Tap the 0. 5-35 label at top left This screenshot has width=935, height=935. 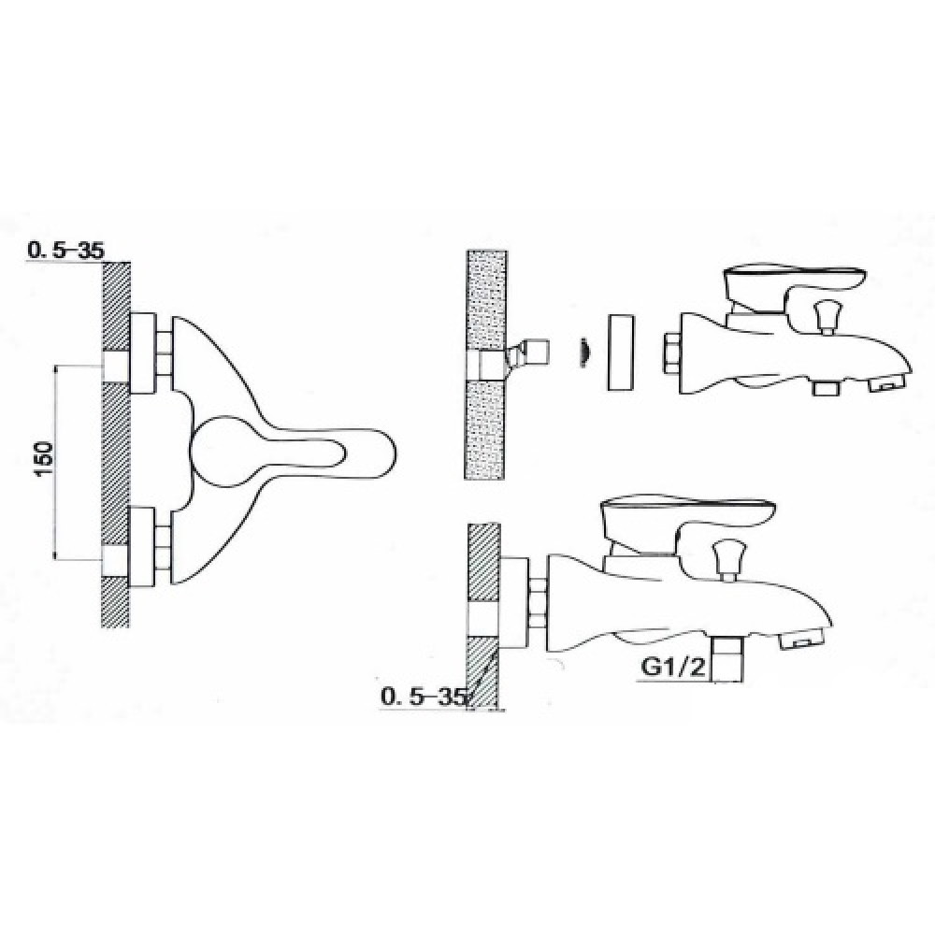point(66,251)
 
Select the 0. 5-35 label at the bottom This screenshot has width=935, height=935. point(423,697)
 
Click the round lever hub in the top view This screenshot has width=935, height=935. point(219,451)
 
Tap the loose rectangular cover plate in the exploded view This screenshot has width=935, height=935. point(622,353)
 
